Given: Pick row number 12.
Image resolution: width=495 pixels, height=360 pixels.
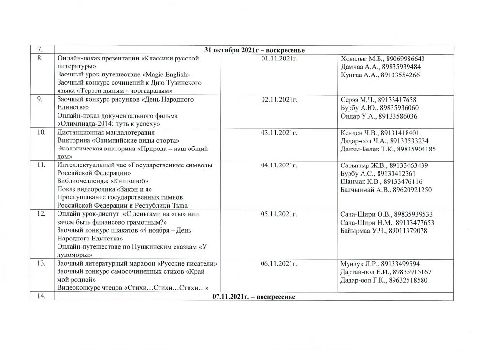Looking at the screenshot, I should (43, 214).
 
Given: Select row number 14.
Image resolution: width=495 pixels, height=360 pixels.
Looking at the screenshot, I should (43, 296).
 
